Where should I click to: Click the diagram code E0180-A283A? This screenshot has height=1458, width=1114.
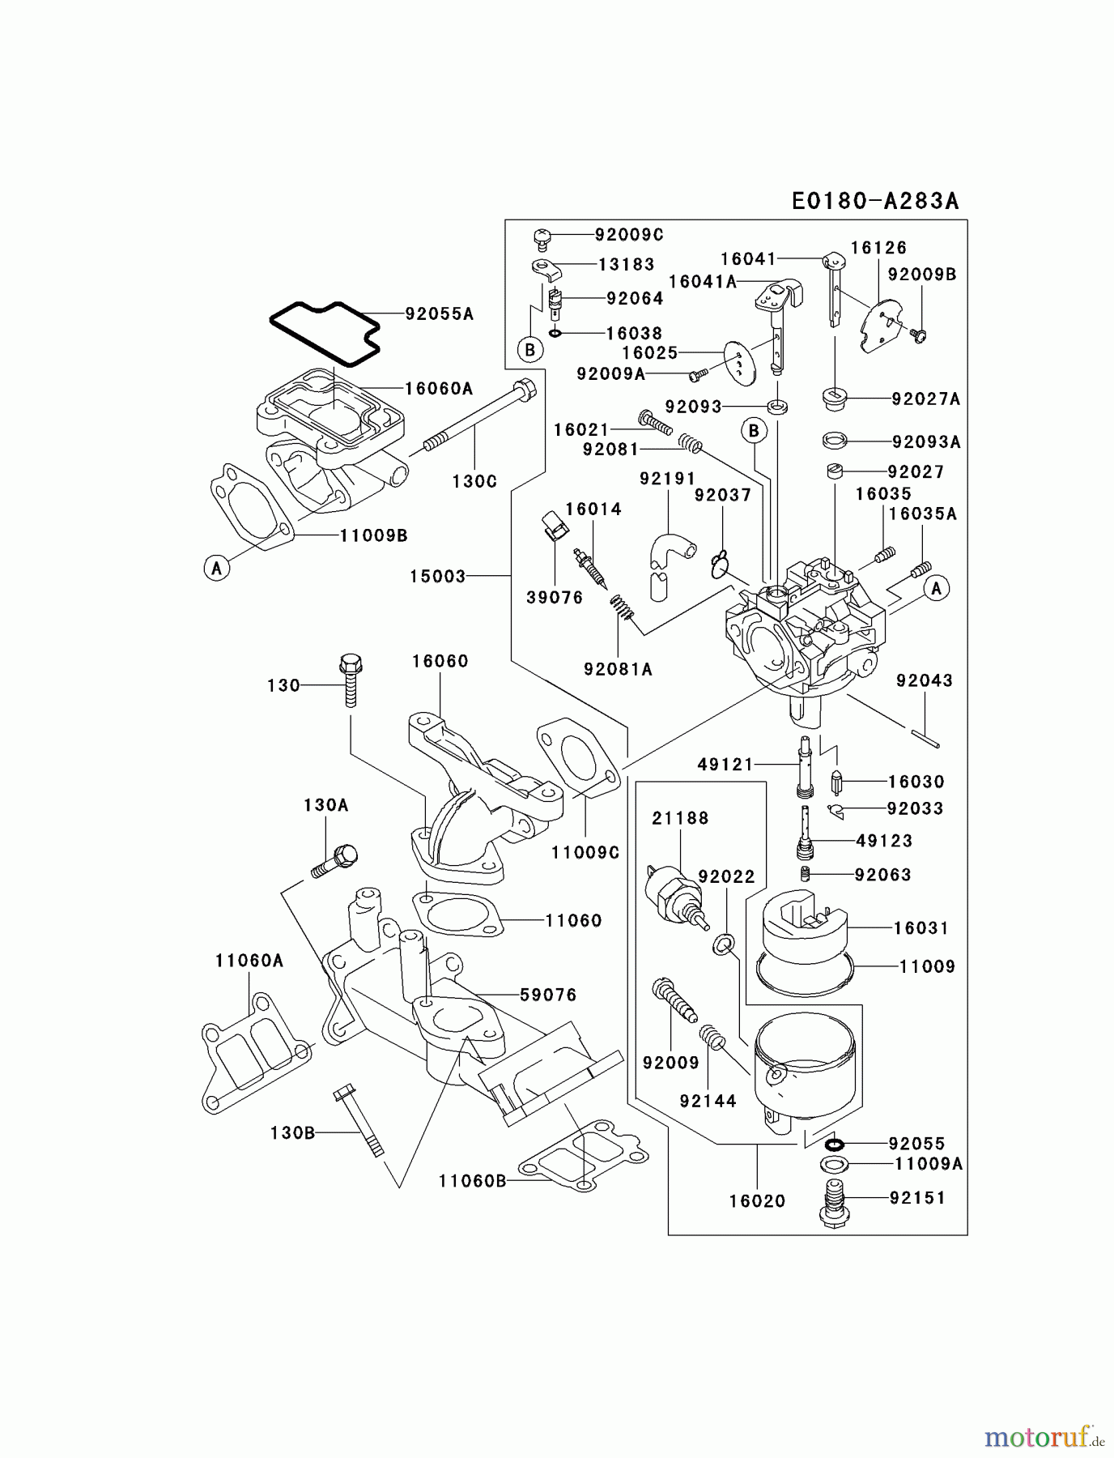coord(874,201)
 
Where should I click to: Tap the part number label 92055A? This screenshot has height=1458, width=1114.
coord(439,313)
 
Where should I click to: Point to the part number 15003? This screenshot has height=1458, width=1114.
coord(437,576)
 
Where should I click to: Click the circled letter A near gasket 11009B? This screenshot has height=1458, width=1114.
coord(216,569)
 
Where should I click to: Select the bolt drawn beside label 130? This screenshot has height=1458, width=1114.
coord(350,680)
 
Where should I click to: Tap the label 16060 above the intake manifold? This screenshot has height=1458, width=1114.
coord(440,661)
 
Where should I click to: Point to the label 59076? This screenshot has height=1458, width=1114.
coord(548,994)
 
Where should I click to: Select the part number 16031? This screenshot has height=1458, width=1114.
coord(921,928)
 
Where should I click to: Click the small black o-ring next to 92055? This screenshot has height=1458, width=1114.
coord(835,1144)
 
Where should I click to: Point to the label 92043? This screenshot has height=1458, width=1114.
coord(924,680)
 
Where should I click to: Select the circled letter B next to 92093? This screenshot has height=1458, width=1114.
coord(754,431)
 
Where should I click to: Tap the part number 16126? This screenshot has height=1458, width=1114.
coord(878,248)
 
